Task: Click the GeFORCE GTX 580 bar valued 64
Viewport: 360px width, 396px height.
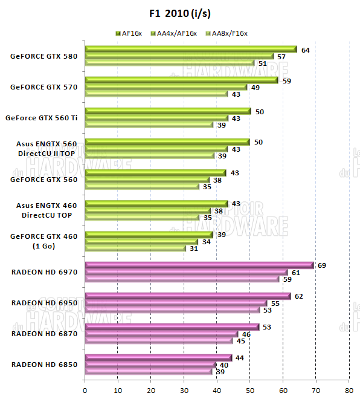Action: pyautogui.click(x=191, y=50)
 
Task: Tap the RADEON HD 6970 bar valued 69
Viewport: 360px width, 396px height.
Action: pyautogui.click(x=199, y=265)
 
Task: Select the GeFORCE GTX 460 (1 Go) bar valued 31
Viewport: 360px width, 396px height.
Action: pyautogui.click(x=136, y=248)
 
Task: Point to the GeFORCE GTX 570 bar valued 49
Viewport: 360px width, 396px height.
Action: pyautogui.click(x=166, y=87)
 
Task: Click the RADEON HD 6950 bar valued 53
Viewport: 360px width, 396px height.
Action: pyautogui.click(x=173, y=310)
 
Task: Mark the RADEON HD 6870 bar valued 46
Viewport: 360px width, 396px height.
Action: pyautogui.click(x=161, y=334)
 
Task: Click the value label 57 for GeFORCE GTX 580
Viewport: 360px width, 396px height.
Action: pyautogui.click(x=281, y=56)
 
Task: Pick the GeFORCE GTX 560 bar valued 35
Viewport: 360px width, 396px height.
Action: pyautogui.click(x=143, y=186)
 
